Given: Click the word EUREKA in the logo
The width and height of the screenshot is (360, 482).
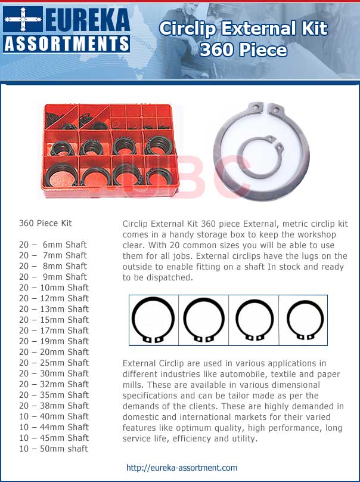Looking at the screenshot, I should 86,20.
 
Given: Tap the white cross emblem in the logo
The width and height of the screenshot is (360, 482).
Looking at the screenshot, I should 23,19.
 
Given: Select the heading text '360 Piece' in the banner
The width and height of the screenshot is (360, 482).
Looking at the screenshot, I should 243,50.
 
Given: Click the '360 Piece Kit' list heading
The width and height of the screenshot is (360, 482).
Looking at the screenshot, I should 45,223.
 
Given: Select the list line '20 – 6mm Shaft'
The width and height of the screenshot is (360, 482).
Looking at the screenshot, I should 53,245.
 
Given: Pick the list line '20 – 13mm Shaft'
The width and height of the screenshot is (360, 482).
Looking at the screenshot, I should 54,309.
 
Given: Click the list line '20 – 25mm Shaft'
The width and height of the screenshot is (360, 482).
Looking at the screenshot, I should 54,363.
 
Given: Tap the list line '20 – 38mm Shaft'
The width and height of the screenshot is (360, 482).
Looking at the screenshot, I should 54,406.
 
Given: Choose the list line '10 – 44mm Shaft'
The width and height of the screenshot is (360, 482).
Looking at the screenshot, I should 54,427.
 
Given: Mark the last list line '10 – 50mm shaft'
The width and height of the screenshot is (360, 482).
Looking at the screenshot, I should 53,449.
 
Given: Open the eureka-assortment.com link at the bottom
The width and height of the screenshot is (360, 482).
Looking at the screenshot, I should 182,468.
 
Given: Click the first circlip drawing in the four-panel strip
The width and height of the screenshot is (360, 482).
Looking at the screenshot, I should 153,320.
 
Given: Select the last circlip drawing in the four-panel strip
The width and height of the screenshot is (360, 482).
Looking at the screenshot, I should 305,320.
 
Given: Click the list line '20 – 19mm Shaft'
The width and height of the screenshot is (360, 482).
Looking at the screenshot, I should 54,341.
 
